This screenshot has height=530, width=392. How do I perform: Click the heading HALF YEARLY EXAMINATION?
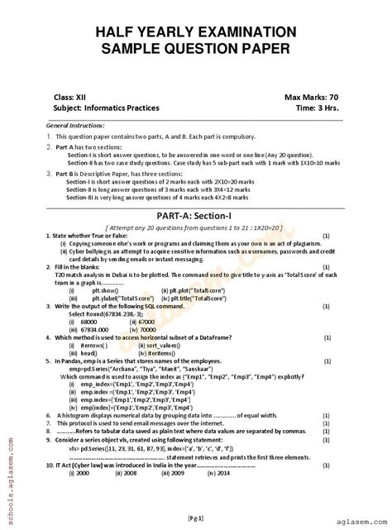(196, 31)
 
